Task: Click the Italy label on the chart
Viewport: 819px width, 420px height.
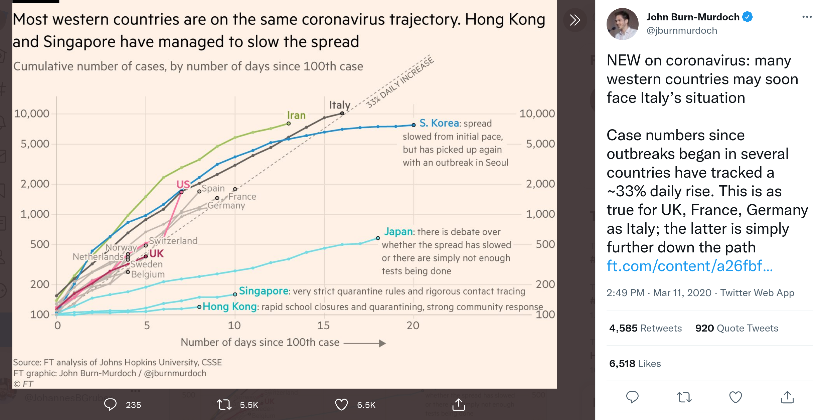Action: click(x=339, y=105)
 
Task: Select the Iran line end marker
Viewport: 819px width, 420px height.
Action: click(x=289, y=124)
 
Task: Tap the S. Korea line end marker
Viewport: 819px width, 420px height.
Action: click(x=414, y=125)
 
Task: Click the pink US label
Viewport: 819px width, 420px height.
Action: click(x=183, y=184)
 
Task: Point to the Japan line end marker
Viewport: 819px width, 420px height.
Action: click(x=378, y=238)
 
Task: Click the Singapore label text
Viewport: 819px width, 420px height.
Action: click(x=264, y=291)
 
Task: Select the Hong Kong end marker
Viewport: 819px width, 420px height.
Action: click(x=199, y=307)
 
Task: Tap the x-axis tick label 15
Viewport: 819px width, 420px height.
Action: click(x=323, y=326)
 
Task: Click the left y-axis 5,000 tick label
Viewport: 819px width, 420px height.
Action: click(x=35, y=144)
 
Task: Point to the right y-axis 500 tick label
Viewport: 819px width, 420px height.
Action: click(x=545, y=244)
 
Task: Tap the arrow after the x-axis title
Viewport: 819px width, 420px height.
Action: click(x=365, y=343)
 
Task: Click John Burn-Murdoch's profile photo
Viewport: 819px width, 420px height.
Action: click(x=622, y=24)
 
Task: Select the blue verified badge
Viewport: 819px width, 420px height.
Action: click(x=747, y=17)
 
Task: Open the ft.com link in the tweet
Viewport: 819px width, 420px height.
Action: click(x=689, y=266)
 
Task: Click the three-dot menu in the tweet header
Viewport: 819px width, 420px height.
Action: click(x=807, y=17)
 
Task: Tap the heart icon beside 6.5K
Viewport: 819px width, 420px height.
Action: click(x=341, y=405)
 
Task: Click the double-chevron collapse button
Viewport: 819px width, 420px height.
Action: click(x=575, y=20)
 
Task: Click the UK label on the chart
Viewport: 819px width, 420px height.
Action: click(x=156, y=254)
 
